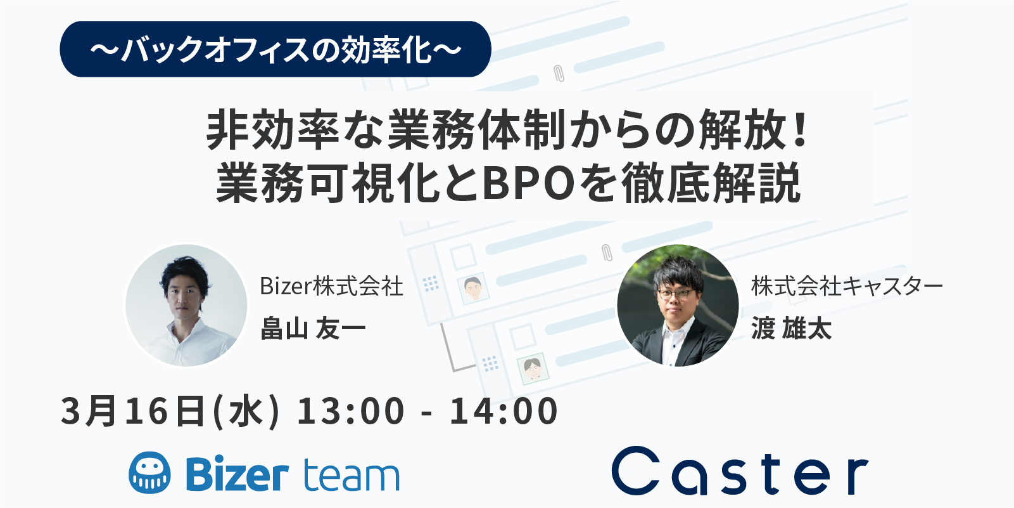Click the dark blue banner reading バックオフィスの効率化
[276, 49]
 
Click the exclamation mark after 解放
[801, 130]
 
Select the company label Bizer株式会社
[331, 287]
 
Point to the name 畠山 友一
[313, 328]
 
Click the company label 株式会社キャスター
[847, 287]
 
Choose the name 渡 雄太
[791, 328]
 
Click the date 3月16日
[132, 410]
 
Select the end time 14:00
[504, 410]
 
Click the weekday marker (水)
[245, 410]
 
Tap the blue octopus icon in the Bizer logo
[150, 472]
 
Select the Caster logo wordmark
[740, 471]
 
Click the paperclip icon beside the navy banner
[559, 73]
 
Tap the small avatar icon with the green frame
[533, 368]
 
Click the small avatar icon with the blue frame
[473, 288]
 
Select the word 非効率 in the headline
[272, 131]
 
